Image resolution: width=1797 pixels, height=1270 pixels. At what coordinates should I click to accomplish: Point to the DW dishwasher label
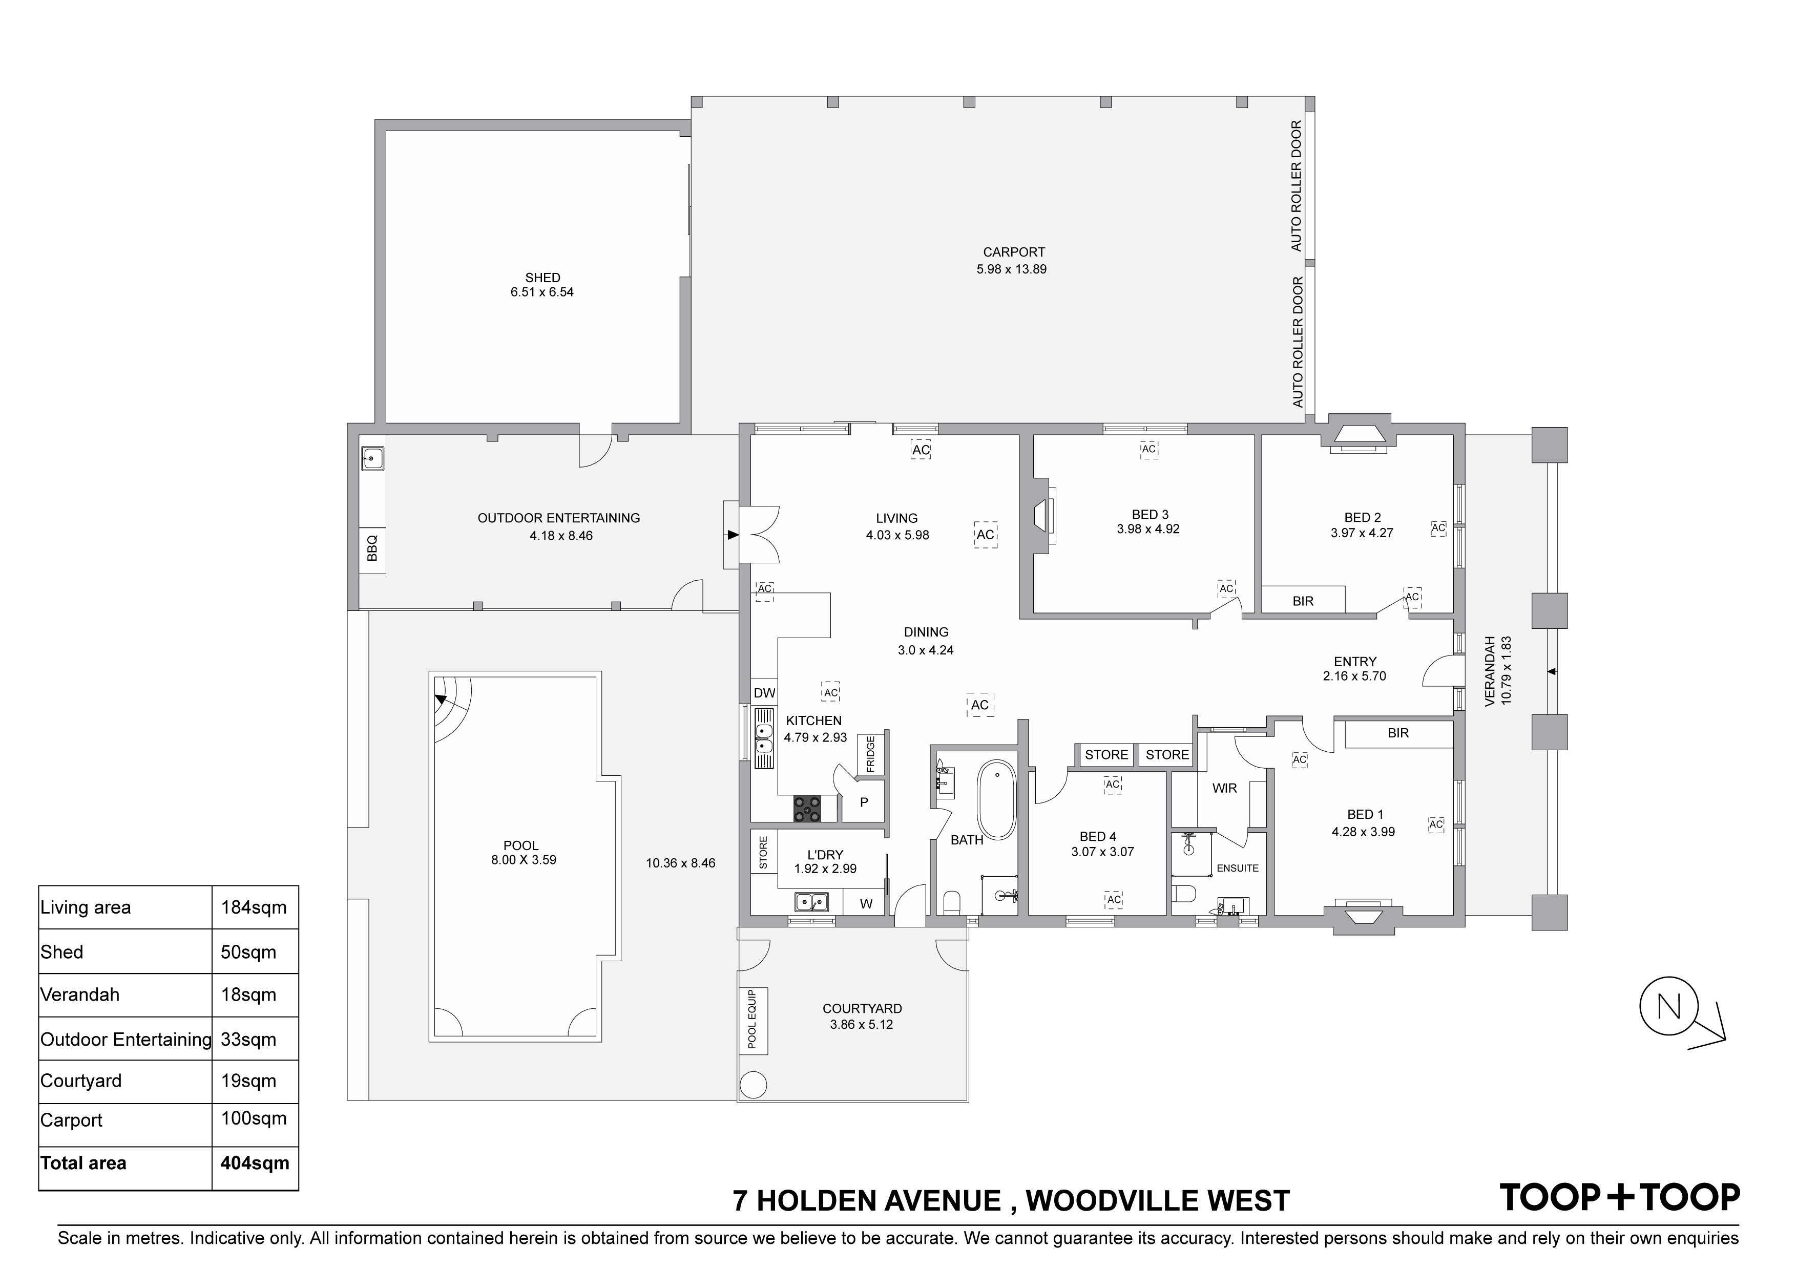(764, 692)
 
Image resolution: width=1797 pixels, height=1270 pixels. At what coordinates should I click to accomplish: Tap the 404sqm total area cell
(255, 1163)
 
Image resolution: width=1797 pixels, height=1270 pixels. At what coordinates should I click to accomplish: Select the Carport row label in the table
(72, 1120)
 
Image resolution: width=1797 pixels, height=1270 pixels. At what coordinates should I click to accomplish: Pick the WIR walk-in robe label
(1224, 788)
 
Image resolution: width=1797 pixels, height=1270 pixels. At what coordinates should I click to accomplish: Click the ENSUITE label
(1238, 868)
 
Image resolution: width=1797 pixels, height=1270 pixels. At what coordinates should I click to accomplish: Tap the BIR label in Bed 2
(1303, 601)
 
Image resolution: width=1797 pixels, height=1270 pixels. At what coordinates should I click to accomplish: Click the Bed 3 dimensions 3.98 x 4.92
(1148, 529)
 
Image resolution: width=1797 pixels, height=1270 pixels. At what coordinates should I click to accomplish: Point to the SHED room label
(542, 277)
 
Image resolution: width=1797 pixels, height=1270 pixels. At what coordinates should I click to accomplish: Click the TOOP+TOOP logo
(1619, 1198)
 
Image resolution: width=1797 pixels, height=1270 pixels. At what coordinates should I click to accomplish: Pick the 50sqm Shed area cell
(248, 952)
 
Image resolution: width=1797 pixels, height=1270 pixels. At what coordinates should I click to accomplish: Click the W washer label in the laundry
(866, 904)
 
